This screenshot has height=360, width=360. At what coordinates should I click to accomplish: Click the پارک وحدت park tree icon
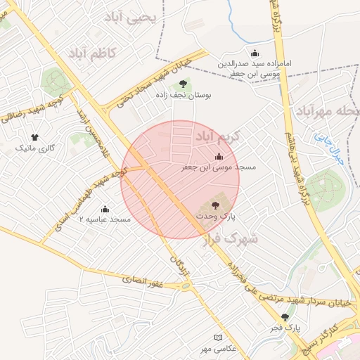(215, 205)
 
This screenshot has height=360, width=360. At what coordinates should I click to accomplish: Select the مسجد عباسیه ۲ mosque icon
(105, 209)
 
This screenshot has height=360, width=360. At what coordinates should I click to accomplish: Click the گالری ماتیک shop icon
(34, 137)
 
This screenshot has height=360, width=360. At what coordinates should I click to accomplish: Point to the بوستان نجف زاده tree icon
(193, 84)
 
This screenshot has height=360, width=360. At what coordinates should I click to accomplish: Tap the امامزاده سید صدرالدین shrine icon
(255, 53)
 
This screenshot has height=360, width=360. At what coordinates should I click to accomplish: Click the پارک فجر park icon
(285, 317)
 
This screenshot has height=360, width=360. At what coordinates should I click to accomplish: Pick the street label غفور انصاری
(143, 280)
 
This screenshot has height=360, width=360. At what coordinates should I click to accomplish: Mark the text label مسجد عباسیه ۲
(105, 220)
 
